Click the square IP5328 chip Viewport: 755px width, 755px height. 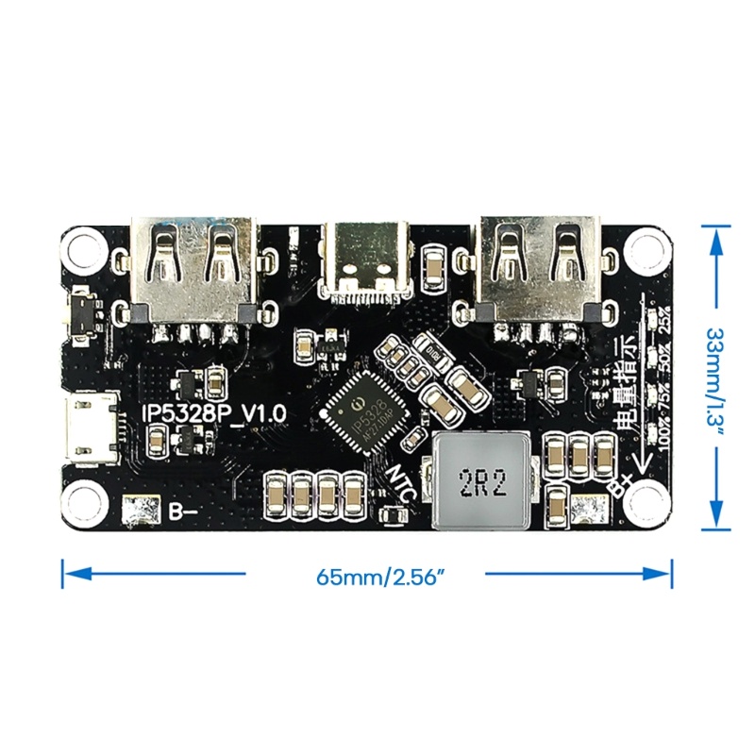point(360,413)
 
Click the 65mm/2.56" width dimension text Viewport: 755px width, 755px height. point(366,575)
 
